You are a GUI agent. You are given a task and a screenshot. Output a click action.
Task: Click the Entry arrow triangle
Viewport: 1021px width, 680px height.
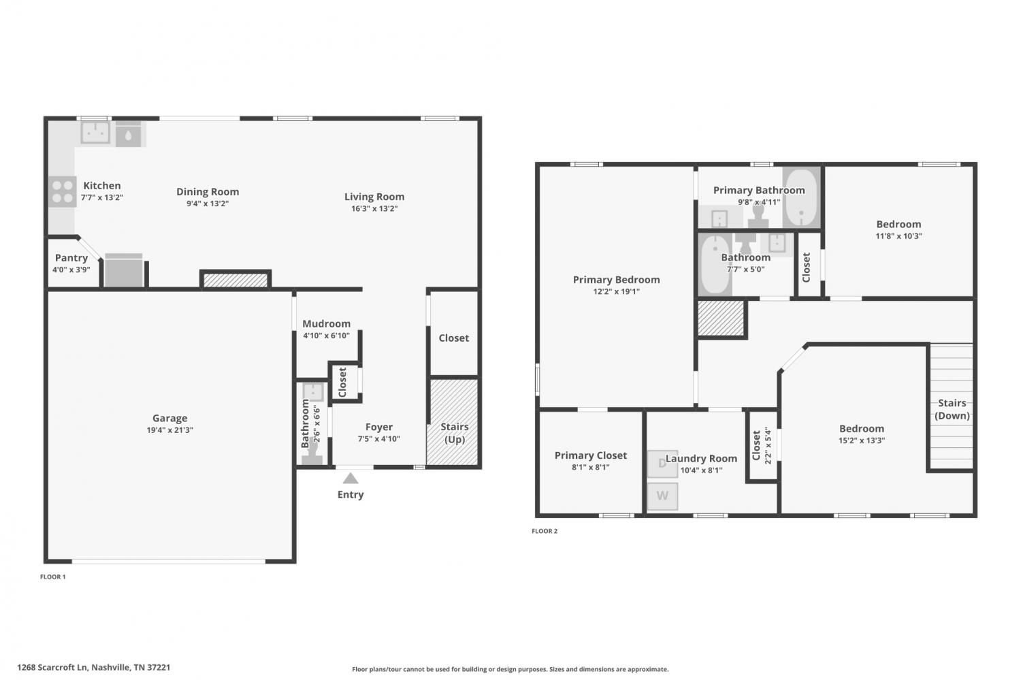point(350,478)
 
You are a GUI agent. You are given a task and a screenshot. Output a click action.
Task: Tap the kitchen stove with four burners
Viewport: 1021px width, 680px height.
point(63,191)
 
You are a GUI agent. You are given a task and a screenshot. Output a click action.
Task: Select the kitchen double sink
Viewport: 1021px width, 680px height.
point(95,133)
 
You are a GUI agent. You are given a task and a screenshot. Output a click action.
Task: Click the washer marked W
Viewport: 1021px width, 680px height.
point(662,496)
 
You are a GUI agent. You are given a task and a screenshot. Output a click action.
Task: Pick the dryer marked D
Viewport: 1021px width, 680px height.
point(662,464)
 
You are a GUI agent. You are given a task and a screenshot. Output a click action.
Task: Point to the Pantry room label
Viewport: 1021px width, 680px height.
point(71,258)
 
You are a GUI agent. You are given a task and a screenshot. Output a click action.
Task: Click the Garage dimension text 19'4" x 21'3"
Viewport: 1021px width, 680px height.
point(169,430)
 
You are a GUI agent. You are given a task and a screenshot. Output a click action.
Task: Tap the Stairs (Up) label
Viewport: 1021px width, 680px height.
point(455,433)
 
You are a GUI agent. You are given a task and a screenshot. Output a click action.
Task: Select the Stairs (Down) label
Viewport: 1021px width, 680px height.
point(952,409)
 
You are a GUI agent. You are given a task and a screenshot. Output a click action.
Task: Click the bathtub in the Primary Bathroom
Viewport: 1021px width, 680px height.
point(801,197)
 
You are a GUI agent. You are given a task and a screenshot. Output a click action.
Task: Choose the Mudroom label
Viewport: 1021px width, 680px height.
point(326,323)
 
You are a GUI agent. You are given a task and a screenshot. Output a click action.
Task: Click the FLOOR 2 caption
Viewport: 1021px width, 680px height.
point(545,531)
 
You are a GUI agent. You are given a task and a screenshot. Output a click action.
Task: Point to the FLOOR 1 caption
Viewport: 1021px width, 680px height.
point(53,577)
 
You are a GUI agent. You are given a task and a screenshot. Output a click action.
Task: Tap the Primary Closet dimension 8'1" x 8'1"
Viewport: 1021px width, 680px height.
point(590,467)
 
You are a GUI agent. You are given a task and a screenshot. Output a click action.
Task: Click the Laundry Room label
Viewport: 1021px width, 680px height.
point(701,459)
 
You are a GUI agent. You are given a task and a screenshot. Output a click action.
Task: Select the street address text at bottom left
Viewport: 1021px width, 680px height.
point(93,667)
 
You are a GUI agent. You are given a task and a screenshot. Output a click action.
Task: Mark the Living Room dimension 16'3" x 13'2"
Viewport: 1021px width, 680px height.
point(374,209)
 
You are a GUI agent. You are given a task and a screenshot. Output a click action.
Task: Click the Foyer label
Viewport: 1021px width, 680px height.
point(378,427)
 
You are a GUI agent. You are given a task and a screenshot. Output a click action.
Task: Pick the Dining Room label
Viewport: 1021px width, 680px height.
point(208,192)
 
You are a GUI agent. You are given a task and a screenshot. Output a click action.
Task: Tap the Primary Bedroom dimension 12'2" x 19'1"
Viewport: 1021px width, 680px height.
point(616,292)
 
